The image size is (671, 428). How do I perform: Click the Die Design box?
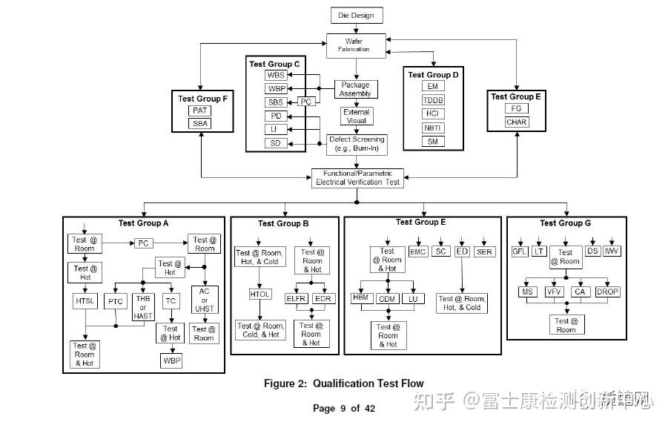coord(356,15)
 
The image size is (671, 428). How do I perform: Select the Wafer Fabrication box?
coord(356,45)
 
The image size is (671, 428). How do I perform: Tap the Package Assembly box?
coord(355,89)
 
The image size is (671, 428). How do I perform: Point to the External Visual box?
coord(356,116)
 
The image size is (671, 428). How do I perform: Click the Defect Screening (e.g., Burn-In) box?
coord(356,143)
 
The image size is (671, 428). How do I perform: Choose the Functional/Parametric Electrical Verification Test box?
coord(356,177)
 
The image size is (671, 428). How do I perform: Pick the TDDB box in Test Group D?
coord(432,100)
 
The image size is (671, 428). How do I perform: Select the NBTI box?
coord(432,128)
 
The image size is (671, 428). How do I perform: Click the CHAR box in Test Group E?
coord(517,122)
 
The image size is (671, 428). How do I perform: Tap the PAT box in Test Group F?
coord(200,111)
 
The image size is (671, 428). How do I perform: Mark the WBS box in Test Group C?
coord(276,76)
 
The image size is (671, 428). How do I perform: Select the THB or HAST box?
coord(143,306)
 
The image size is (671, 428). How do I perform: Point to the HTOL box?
coord(260,294)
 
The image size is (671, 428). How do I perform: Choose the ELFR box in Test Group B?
coord(297,298)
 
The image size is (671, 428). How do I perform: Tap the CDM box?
coord(387,299)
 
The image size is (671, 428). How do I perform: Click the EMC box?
coord(417,251)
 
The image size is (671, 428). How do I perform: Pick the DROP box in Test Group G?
coord(607,292)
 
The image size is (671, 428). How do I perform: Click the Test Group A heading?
coord(143,223)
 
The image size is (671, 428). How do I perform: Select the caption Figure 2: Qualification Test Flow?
coord(343,383)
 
